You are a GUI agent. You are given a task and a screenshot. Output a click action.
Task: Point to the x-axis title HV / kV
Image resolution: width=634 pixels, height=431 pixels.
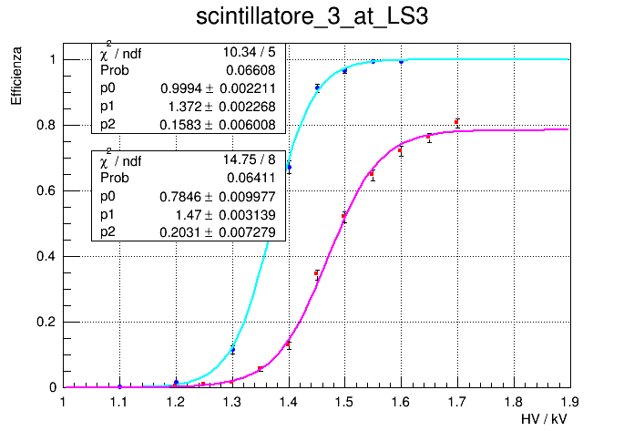point(546,418)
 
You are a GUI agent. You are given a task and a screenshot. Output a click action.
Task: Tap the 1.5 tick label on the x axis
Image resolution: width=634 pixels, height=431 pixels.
point(344,401)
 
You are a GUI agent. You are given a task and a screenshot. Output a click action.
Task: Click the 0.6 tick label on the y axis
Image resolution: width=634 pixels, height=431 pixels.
point(47,190)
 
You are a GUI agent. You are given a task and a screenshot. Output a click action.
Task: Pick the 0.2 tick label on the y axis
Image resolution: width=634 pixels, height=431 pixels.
point(47,322)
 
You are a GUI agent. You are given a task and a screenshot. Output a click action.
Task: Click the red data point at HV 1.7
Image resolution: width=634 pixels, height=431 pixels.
point(457,122)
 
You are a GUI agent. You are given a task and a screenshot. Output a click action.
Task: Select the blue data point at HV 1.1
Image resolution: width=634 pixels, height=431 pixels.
point(119,386)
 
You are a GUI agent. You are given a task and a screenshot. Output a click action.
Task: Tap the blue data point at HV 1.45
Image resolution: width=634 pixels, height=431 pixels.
point(317,87)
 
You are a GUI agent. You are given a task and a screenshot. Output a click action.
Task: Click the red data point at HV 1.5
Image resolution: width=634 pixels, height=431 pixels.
point(344,216)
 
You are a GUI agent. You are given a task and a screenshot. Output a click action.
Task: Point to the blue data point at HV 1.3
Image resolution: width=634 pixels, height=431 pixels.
point(232,350)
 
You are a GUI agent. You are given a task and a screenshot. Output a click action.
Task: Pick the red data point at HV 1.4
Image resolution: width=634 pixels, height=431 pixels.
point(289,344)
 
